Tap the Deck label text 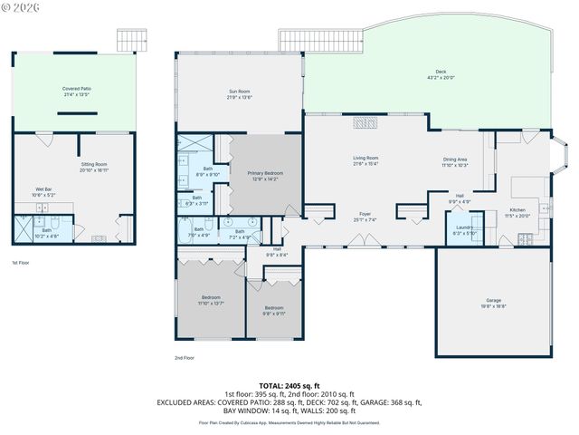coord(441,72)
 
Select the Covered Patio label coord(77,91)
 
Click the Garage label coord(493,303)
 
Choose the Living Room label coord(365,160)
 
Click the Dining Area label coord(455,161)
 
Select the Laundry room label coord(464,229)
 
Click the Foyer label coord(365,216)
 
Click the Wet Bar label coord(44,191)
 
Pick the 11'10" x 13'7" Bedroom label coord(211,299)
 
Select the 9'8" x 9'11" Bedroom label coord(273,310)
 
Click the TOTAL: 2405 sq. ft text coord(289,385)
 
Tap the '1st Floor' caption coord(21,264)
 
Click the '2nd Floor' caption coord(185,358)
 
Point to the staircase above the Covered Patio coord(131,40)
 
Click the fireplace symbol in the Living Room coord(364,123)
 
